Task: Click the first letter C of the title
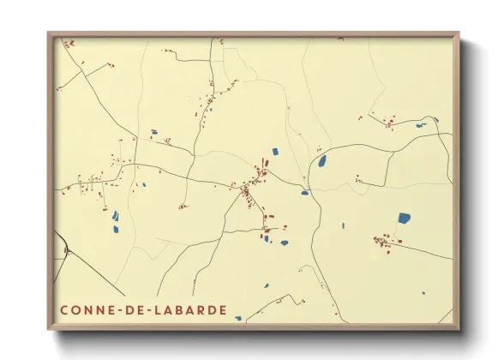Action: (64, 309)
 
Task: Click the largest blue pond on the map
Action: (404, 218)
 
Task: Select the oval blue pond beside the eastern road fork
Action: (322, 160)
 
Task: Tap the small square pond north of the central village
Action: (275, 152)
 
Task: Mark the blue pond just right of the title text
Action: (238, 318)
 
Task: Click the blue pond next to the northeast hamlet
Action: (421, 126)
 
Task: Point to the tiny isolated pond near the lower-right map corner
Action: (423, 293)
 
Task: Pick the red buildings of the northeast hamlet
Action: (388, 122)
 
